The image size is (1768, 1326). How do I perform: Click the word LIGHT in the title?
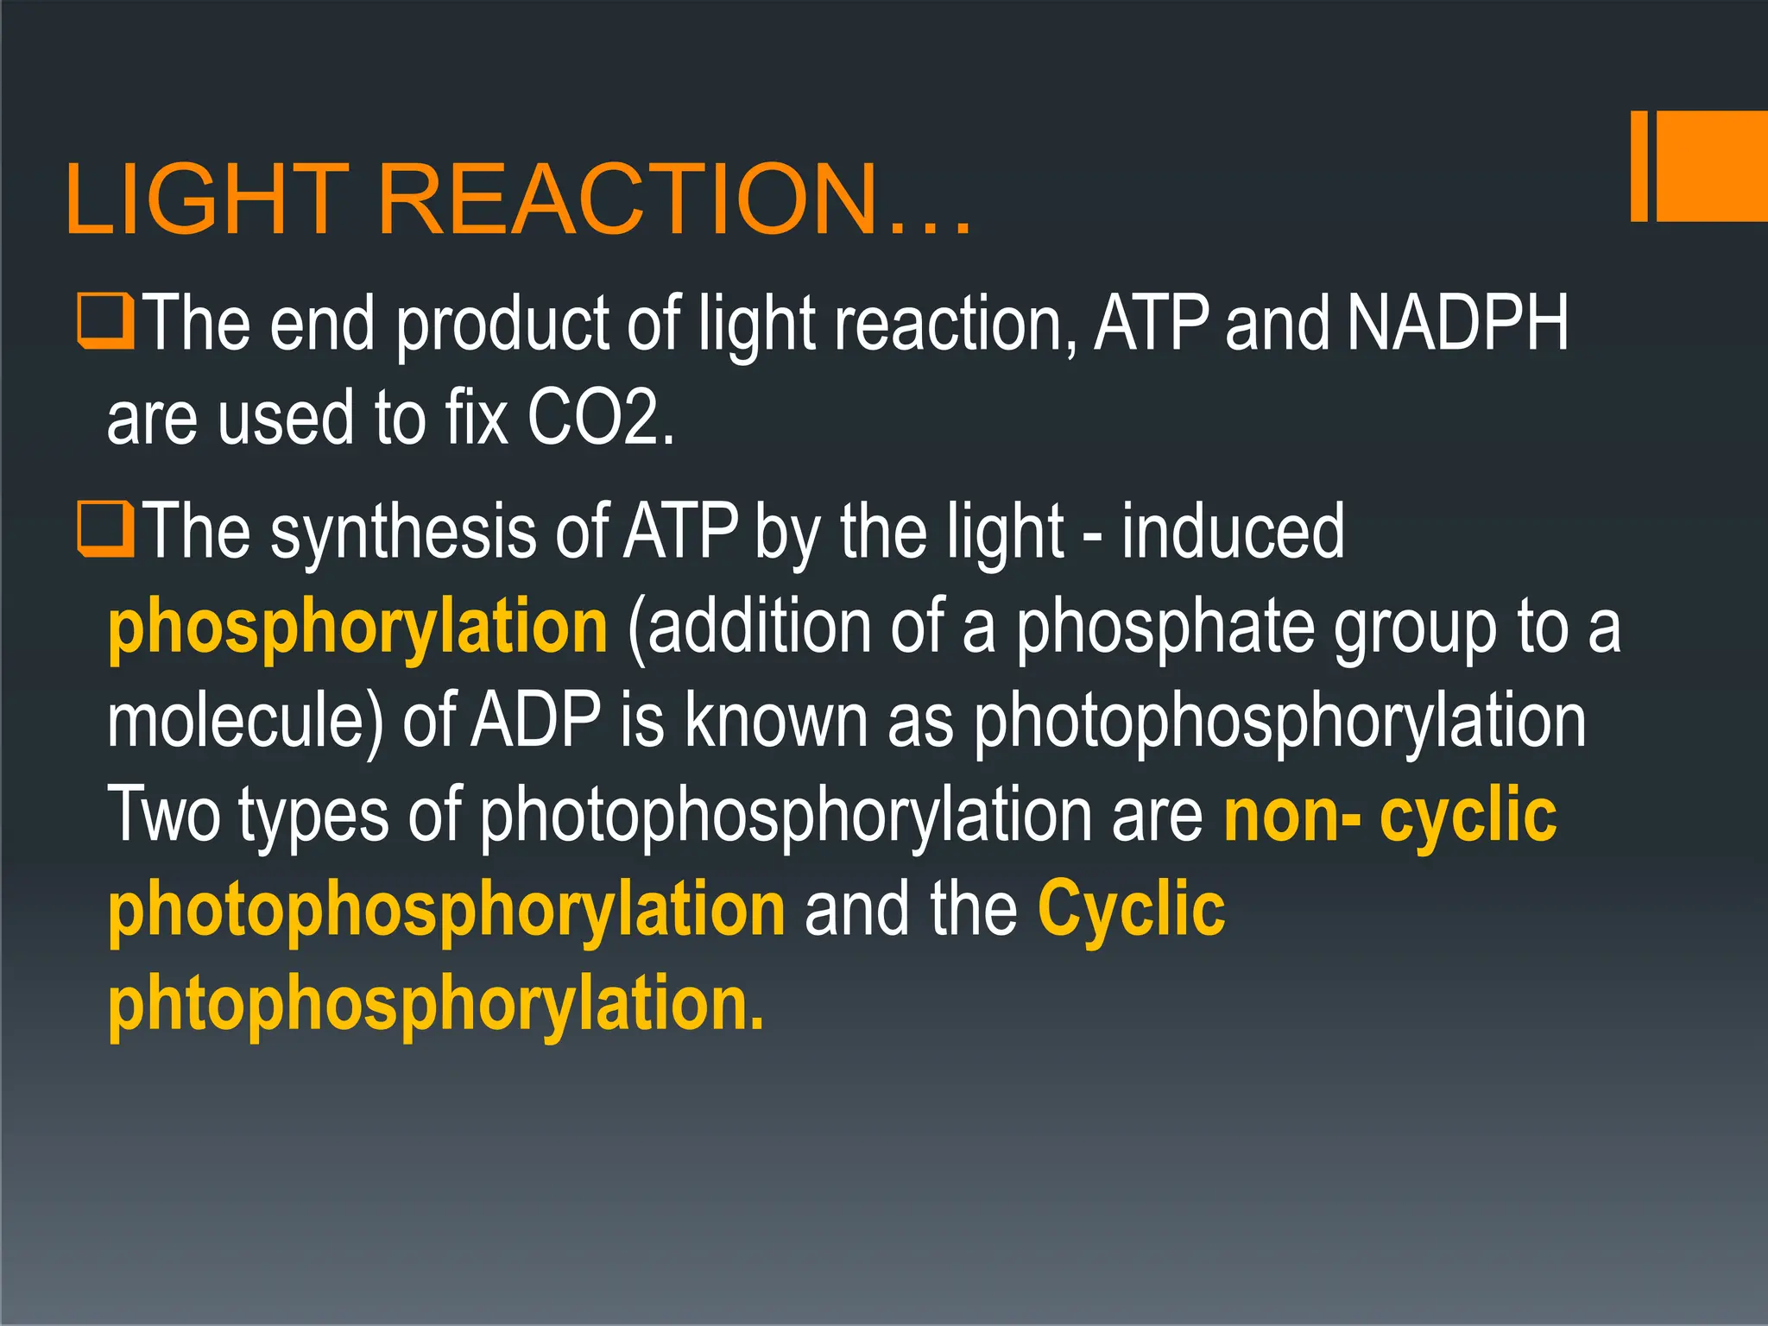point(206,199)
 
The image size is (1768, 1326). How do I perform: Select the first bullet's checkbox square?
point(105,321)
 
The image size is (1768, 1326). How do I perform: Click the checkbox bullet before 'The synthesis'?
point(105,529)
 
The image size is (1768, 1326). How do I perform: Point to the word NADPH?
point(1457,324)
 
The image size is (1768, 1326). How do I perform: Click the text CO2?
point(599,418)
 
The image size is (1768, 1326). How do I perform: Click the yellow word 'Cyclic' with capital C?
point(1131,909)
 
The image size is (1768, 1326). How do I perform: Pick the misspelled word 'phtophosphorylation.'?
point(436,1003)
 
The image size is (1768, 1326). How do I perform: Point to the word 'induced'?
point(1233,531)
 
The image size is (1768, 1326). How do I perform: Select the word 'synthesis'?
point(404,534)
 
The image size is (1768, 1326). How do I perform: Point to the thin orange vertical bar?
point(1639,166)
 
